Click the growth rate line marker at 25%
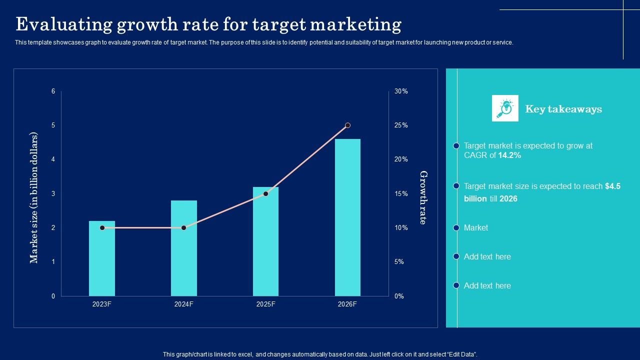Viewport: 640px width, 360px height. click(x=347, y=125)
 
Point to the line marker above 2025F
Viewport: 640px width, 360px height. click(x=265, y=193)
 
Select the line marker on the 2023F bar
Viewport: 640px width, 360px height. click(x=102, y=227)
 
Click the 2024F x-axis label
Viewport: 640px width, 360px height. click(x=184, y=304)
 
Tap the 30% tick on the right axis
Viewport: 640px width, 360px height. click(x=401, y=91)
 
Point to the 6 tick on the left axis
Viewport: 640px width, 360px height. click(x=53, y=91)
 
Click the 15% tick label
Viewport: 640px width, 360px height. click(x=401, y=193)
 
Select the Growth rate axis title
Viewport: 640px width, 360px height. click(x=423, y=197)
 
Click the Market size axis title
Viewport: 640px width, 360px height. click(x=34, y=197)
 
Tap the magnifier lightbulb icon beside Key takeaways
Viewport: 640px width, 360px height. click(x=505, y=108)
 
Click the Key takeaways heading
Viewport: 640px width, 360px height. click(x=563, y=109)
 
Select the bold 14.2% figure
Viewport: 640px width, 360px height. click(x=509, y=155)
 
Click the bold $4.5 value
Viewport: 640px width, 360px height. click(x=612, y=186)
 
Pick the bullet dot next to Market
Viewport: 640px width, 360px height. click(x=456, y=228)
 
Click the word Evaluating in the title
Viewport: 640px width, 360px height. click(x=62, y=24)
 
